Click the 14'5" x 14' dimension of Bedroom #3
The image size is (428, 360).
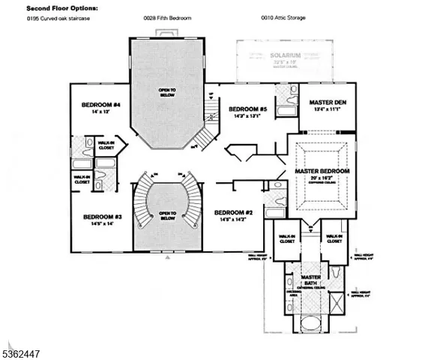(x=98, y=223)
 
